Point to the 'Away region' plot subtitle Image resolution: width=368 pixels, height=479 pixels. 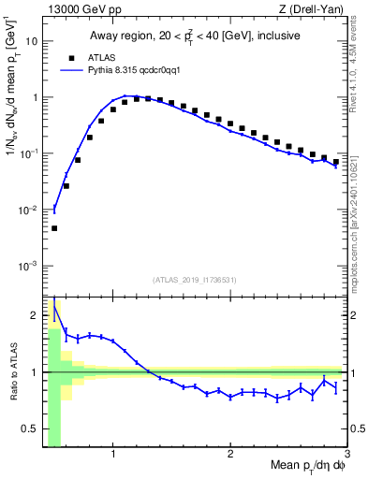(x=195, y=36)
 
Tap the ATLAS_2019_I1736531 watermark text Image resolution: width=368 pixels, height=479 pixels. (x=195, y=280)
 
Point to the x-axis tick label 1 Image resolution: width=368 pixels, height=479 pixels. (x=113, y=455)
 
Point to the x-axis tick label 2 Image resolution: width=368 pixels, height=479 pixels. (x=230, y=455)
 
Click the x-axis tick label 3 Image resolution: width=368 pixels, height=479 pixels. (x=346, y=455)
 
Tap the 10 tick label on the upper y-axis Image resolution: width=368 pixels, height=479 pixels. (x=31, y=42)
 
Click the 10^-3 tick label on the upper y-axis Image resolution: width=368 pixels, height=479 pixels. (x=29, y=266)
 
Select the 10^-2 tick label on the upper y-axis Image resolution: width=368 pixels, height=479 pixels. (x=29, y=210)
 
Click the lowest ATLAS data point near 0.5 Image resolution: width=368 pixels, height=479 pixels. (x=54, y=228)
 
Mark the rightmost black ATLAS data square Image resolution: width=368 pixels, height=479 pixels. (x=335, y=162)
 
